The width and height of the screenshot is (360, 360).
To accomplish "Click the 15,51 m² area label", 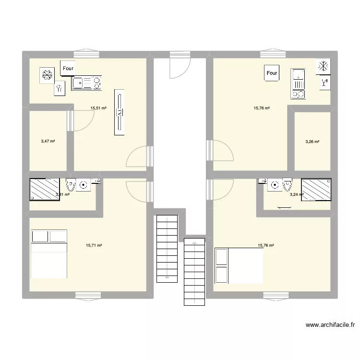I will [x=98, y=108].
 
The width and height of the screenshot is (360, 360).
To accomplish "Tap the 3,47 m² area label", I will [x=48, y=141].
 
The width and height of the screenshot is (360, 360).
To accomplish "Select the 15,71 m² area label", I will [x=94, y=245].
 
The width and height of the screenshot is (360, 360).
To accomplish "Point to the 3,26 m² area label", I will [x=312, y=142].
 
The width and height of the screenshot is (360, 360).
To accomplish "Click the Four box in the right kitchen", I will [x=272, y=73].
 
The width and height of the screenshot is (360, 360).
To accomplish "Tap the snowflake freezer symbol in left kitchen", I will [x=47, y=75].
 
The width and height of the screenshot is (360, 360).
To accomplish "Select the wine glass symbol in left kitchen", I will [x=60, y=88].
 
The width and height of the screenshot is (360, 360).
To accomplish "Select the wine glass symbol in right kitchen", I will [x=324, y=83].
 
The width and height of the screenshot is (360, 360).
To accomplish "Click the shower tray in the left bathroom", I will [x=44, y=189].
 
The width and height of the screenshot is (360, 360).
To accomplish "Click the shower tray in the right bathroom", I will [x=316, y=189].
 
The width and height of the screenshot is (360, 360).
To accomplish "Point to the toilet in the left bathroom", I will [x=71, y=184].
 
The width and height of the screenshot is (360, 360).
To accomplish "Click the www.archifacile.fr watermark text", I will [x=329, y=325].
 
